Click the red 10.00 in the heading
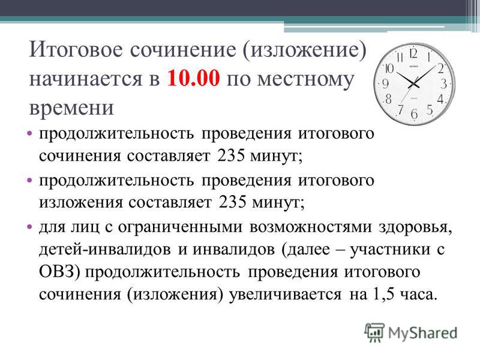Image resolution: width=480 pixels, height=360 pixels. (x=193, y=79)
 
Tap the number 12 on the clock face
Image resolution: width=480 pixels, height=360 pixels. (x=413, y=54)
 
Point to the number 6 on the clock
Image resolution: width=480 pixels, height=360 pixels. (x=414, y=114)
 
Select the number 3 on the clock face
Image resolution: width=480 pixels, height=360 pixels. (x=443, y=83)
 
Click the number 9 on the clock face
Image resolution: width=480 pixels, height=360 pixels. (x=385, y=83)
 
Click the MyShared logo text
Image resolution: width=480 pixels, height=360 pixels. (x=422, y=333)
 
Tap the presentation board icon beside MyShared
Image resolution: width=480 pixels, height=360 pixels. (x=374, y=332)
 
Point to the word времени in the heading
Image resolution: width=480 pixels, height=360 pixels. (x=71, y=108)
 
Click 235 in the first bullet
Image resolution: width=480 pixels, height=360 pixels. (x=231, y=155)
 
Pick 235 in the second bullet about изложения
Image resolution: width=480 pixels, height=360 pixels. (x=232, y=202)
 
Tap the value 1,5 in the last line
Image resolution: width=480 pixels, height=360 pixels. (x=383, y=294)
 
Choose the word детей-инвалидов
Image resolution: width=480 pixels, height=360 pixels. (x=104, y=250)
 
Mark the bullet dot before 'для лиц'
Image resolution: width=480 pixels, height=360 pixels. (x=29, y=227)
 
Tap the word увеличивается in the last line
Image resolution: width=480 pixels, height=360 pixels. (x=285, y=295)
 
